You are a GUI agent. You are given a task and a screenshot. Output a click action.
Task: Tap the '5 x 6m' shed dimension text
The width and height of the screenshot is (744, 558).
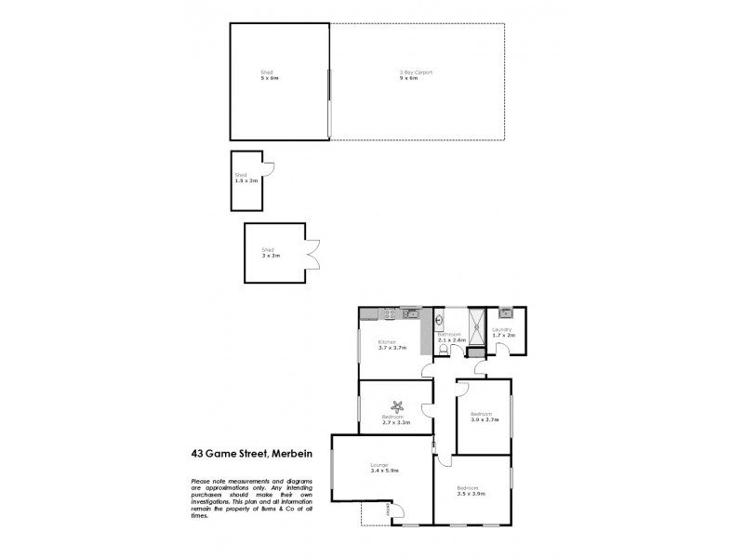coord(270,78)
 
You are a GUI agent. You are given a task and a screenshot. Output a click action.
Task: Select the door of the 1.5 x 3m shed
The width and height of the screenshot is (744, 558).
coord(268,168)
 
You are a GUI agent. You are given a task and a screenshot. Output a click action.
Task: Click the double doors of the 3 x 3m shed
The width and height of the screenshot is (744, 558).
coord(313,253)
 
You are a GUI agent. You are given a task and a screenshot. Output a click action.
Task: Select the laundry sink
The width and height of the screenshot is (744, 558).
coord(505,313)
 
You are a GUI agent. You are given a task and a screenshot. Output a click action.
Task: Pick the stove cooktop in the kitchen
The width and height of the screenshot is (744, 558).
coord(409,312)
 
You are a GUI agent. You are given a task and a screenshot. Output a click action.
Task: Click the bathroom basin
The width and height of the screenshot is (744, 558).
coord(438,323)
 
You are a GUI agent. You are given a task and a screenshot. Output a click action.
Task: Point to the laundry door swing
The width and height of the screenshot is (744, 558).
coord(501,349)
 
